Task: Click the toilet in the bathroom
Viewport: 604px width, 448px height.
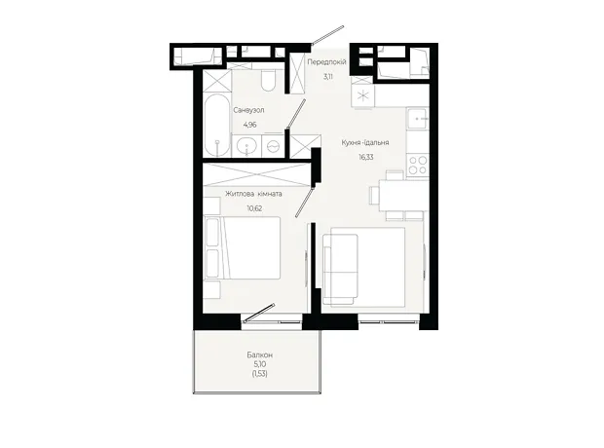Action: click(x=267, y=80)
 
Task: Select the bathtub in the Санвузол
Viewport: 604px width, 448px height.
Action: click(x=217, y=126)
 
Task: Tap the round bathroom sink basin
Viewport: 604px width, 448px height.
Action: click(x=245, y=146)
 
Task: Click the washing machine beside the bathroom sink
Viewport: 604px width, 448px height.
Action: click(x=273, y=146)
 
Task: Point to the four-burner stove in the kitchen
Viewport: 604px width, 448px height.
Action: click(x=418, y=166)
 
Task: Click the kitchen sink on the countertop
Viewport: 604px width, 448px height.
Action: click(x=417, y=119)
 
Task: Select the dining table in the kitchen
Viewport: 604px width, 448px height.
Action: click(x=403, y=196)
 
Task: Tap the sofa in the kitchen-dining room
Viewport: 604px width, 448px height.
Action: click(x=340, y=269)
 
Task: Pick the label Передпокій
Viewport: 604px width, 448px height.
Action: click(x=326, y=61)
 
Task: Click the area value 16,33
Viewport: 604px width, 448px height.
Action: click(x=366, y=157)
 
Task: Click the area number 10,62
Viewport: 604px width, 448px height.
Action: click(x=254, y=208)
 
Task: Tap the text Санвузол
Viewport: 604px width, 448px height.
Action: click(x=248, y=110)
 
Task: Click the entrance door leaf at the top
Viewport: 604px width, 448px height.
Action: click(x=327, y=35)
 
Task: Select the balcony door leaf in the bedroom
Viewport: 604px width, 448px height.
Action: click(x=258, y=313)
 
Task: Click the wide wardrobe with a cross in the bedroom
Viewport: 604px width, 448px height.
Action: click(x=256, y=174)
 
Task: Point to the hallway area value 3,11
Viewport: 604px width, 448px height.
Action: click(x=327, y=76)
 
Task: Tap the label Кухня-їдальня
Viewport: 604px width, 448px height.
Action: click(x=365, y=142)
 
